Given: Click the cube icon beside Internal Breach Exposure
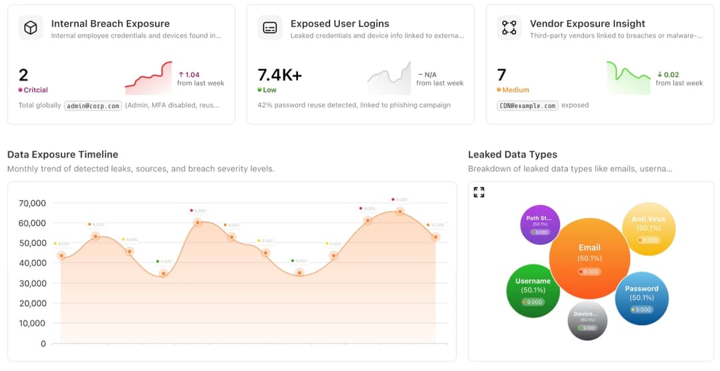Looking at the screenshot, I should click(x=31, y=28).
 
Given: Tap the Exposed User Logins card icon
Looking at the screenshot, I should click(x=270, y=28).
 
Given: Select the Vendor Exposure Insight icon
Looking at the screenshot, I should click(x=509, y=28).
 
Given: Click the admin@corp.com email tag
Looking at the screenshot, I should click(x=93, y=105).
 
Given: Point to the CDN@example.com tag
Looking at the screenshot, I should click(x=527, y=105).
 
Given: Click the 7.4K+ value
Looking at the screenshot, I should click(x=280, y=75).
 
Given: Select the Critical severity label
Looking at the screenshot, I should click(x=35, y=90).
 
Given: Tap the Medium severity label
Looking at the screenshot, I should click(x=515, y=90).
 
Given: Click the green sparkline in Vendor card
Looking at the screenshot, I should click(x=627, y=77).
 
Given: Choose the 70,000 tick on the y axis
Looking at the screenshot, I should click(x=31, y=203).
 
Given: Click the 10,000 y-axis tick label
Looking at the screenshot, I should click(x=31, y=324).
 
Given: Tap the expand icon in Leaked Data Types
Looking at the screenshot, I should click(x=479, y=192).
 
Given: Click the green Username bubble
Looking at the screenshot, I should click(x=533, y=290).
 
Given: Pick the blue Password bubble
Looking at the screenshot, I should click(x=641, y=298).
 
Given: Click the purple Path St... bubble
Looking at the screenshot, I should click(x=539, y=225).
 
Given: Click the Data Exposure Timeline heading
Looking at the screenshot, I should click(x=63, y=155).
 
